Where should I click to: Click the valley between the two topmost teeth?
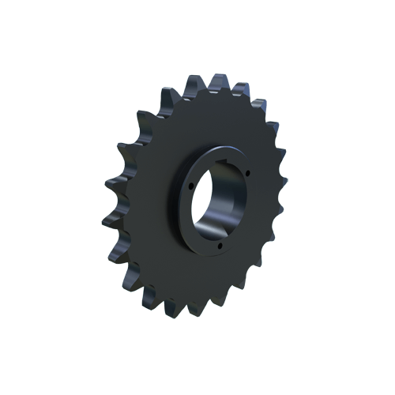click(x=203, y=85)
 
